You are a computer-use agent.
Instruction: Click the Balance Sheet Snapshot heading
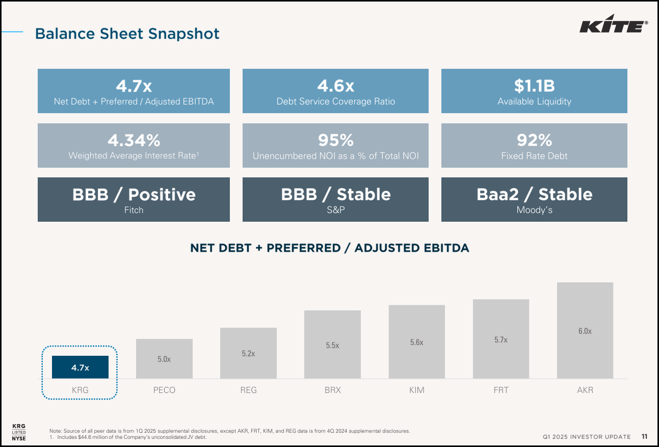[127, 34]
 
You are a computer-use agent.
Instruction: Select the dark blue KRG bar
[80, 367]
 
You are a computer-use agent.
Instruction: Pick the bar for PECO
[164, 359]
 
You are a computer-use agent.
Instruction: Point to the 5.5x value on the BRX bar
[332, 345]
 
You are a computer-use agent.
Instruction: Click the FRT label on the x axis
[501, 390]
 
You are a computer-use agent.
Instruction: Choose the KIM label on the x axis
[416, 390]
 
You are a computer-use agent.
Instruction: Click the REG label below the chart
[248, 390]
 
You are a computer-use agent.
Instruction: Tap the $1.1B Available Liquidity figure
[534, 85]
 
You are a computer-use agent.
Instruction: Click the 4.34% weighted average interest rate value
[134, 140]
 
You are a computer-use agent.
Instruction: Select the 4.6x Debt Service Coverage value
[335, 85]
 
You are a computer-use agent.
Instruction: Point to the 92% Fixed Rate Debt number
[534, 140]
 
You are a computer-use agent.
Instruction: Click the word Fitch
[134, 210]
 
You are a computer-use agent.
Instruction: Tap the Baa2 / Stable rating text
[534, 194]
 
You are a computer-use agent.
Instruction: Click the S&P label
[335, 210]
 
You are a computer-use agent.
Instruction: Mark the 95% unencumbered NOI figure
[335, 140]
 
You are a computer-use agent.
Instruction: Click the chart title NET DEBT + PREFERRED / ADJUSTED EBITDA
[329, 248]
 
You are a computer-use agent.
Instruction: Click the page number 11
[644, 437]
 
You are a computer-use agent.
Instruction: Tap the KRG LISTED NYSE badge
[19, 432]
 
